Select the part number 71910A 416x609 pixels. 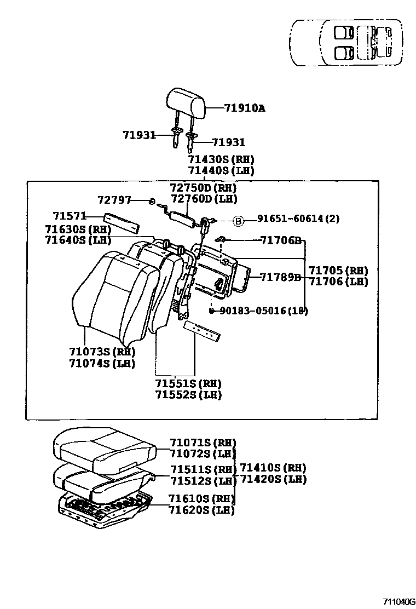point(244,108)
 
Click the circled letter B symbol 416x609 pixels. point(238,220)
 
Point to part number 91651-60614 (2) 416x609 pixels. point(299,219)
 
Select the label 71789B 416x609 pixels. point(281,277)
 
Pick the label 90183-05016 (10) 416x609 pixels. point(263,311)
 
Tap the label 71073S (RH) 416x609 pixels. point(102,352)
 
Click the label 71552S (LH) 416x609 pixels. point(188,395)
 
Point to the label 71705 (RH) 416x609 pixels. point(338,271)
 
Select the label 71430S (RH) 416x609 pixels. point(221,159)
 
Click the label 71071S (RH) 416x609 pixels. point(203,443)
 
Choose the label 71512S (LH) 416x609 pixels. point(203,481)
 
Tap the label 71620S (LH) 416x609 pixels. point(201,510)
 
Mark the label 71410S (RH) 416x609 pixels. point(273,468)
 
